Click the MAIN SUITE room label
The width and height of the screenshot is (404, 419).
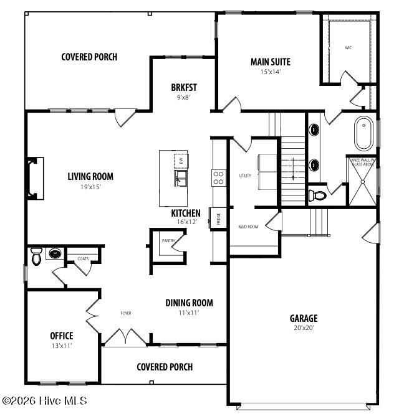270,62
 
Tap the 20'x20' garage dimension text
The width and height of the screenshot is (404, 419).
303,328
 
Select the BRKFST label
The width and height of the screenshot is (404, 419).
184,87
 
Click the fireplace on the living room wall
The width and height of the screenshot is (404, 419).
35,179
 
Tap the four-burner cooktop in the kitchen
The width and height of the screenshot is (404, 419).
219,177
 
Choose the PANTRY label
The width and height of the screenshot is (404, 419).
168,240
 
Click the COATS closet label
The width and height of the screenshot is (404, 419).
82,258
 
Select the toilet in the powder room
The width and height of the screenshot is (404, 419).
36,256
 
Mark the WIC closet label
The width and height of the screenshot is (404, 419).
348,47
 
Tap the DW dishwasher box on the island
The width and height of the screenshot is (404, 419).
181,160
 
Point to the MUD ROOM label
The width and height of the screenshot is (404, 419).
248,227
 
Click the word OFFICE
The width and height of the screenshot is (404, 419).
62,336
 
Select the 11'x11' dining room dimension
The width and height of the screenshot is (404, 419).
189,313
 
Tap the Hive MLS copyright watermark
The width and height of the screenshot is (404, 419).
44,401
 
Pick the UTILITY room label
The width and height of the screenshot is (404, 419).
245,176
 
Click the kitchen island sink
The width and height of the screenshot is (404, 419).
181,181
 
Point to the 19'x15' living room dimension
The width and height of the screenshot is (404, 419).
90,186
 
